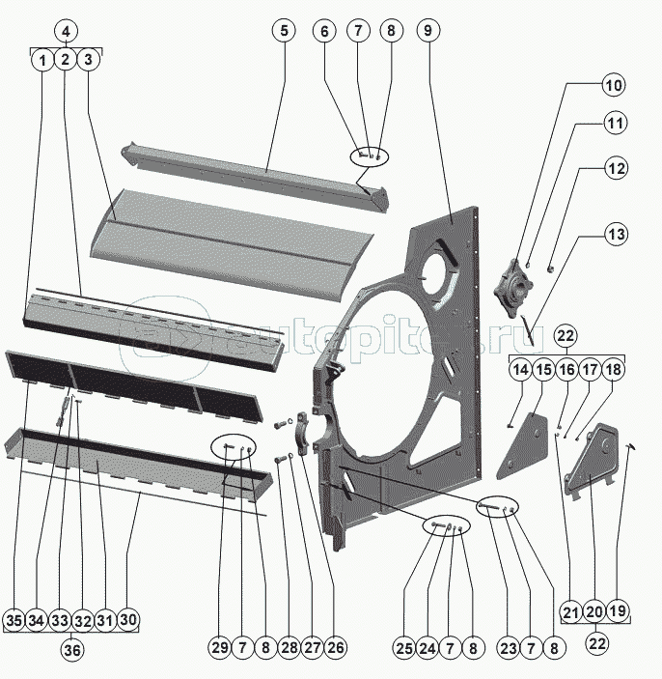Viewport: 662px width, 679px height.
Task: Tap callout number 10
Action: pos(614,85)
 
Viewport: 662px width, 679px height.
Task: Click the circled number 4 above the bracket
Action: pos(65,32)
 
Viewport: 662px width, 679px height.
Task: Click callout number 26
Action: pos(334,648)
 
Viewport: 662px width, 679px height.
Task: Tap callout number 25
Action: pos(403,648)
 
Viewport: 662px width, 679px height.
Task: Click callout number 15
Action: pos(542,369)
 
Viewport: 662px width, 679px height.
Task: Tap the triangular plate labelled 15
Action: pos(524,439)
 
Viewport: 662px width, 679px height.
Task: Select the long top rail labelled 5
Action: pos(261,171)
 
